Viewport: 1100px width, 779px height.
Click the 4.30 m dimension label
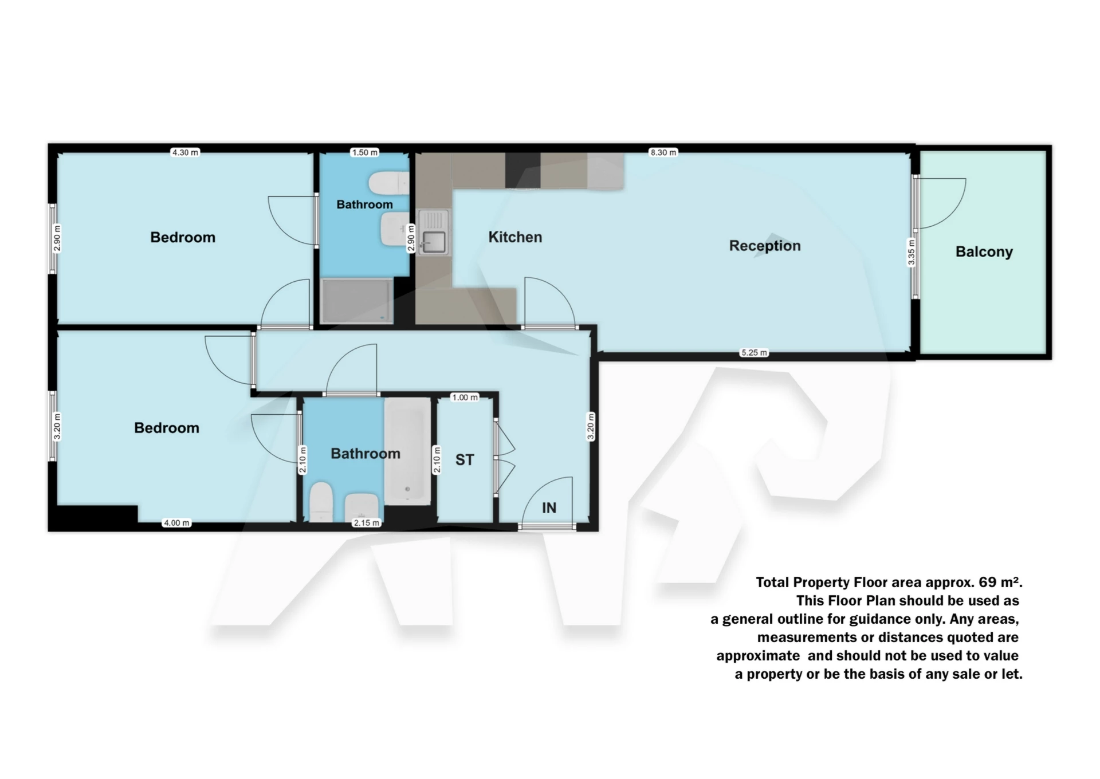click(x=185, y=152)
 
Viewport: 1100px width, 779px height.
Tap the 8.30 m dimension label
click(x=663, y=152)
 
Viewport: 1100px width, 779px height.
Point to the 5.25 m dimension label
click(x=754, y=353)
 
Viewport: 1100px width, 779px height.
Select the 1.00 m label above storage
click(x=465, y=398)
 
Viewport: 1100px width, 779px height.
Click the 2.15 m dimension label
click(x=366, y=523)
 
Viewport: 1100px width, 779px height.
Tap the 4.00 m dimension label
click(x=176, y=523)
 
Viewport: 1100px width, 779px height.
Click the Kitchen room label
click(x=514, y=237)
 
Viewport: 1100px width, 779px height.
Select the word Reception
click(x=764, y=246)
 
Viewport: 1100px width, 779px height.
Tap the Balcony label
click(x=984, y=252)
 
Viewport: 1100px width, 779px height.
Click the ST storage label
click(x=465, y=460)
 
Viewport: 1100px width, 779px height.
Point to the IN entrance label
click(x=549, y=508)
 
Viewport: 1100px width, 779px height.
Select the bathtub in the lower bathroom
click(x=407, y=451)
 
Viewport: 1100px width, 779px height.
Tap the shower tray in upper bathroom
click(x=356, y=301)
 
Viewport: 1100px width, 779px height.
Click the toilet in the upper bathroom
click(x=390, y=183)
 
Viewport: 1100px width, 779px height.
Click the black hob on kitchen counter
click(x=522, y=170)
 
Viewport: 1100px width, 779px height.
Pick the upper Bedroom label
click(x=183, y=238)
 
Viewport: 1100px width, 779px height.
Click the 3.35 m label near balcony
click(x=912, y=253)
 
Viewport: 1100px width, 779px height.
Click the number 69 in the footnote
click(x=988, y=583)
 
